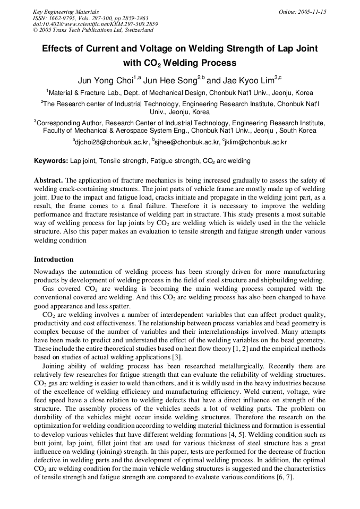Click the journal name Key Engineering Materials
click(x=65, y=12)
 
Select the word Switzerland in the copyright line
click(x=134, y=31)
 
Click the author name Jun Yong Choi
click(x=105, y=81)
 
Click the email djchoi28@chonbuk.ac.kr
click(x=112, y=142)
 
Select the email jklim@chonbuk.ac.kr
click(x=256, y=142)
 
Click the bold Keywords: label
click(x=51, y=160)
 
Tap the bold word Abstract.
click(x=48, y=180)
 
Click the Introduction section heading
click(x=54, y=260)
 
